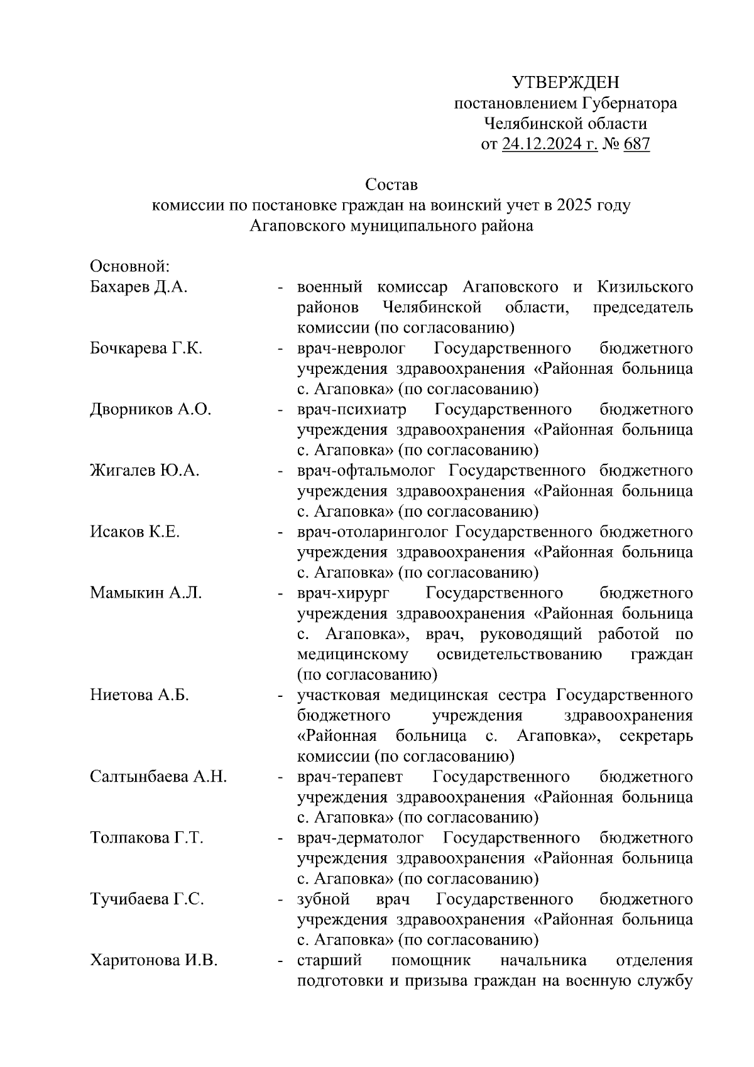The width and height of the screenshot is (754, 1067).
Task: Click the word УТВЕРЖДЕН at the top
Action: [565, 82]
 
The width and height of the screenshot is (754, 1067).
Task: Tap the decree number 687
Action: [637, 145]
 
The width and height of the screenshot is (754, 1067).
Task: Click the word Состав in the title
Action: [391, 185]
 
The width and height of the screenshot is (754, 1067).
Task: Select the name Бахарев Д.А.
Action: [139, 288]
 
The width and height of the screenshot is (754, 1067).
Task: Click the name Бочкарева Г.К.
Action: [146, 349]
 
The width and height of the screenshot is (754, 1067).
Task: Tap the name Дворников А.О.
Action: [150, 410]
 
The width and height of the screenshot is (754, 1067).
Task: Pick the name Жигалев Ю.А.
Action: [145, 471]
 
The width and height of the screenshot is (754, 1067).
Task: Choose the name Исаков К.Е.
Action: [134, 532]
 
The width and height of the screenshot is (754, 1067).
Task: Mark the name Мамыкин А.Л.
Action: [146, 593]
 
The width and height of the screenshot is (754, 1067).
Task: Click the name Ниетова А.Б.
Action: [139, 695]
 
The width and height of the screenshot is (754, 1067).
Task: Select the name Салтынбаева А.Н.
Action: [158, 777]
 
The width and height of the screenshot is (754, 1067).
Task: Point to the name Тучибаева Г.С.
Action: [147, 899]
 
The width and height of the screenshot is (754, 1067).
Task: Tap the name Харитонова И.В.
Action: [154, 960]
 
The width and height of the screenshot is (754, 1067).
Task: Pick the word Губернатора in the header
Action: [630, 103]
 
